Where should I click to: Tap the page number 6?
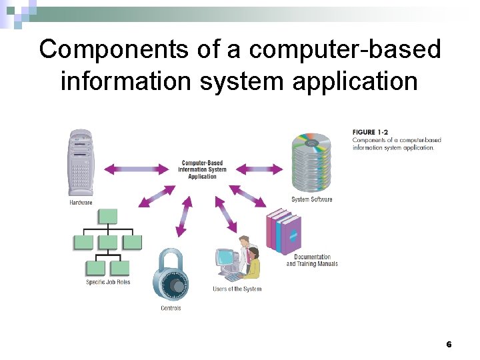[x=449, y=344]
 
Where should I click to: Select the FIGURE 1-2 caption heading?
[x=373, y=132]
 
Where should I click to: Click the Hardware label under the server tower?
[x=81, y=202]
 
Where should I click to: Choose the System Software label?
[x=311, y=199]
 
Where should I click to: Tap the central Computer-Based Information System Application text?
[x=202, y=169]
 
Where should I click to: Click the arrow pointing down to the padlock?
[x=184, y=217]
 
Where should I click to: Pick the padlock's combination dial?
[x=176, y=285]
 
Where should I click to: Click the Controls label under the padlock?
[x=171, y=308]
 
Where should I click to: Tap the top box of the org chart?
[x=107, y=216]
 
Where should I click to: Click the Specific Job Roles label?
[x=108, y=282]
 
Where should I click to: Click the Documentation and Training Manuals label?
[x=312, y=261]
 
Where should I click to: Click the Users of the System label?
[x=237, y=289]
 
